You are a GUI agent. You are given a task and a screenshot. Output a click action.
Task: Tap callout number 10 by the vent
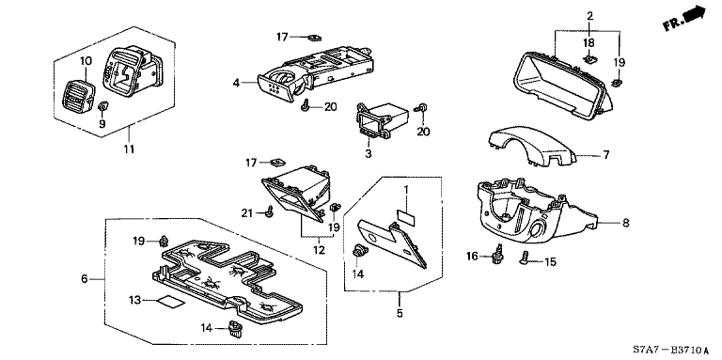point(86,61)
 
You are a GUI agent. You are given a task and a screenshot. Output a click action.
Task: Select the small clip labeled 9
point(103,107)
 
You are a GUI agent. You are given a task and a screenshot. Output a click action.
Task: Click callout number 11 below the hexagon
point(129,149)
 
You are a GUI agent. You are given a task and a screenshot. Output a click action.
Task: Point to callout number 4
point(236,84)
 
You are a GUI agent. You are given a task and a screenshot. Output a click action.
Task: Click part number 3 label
point(368,154)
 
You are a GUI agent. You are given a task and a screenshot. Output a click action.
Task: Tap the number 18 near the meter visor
point(589,43)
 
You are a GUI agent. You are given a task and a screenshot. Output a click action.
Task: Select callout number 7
point(606,155)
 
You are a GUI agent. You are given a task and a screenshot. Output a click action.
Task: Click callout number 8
point(625,224)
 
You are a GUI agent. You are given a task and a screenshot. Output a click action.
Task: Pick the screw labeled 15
point(525,259)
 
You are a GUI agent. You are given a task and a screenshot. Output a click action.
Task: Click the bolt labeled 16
point(497,256)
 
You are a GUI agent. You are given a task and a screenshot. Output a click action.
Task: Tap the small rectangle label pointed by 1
point(406,216)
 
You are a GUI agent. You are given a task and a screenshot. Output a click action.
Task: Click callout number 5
point(400,313)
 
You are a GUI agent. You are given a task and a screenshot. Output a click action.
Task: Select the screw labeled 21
point(271,211)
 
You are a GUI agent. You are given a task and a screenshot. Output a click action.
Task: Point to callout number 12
point(319,250)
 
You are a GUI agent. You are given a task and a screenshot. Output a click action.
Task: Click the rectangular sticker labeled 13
point(169,302)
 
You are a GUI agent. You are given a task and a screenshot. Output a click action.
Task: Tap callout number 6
point(85,279)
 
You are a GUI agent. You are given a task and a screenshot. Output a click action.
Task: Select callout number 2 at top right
point(589,16)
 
